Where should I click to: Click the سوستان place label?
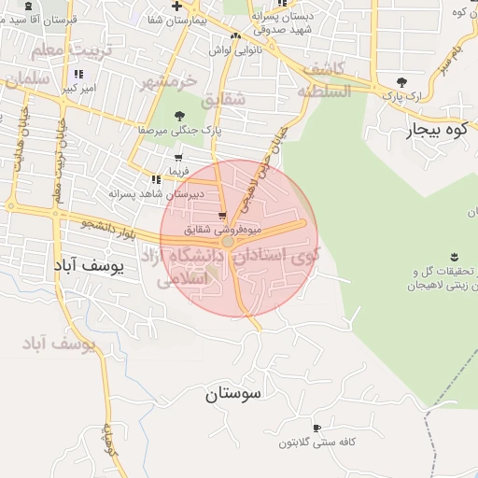234,393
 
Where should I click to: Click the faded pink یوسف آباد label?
59,345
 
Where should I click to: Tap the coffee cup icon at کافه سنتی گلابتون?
316,428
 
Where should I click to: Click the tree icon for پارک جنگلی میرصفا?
179,116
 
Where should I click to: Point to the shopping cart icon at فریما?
177,158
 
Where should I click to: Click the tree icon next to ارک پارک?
401,82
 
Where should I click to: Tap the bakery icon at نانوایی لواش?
236,36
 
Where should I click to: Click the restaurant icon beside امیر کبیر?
77,74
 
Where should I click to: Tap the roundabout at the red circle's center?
228,241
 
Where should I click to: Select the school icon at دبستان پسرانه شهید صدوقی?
253,16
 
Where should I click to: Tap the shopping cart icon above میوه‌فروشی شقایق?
222,213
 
